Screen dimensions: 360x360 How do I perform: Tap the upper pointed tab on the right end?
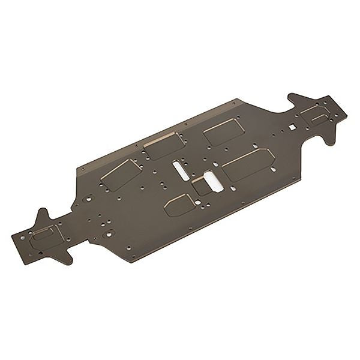(295, 99)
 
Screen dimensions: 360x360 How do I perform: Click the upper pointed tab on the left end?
(43, 216)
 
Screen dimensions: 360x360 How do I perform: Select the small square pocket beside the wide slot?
(200, 186)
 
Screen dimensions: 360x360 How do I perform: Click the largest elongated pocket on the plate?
(247, 163)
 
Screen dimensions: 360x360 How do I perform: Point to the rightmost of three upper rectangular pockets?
(223, 131)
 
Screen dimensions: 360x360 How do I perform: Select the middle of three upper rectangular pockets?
(162, 146)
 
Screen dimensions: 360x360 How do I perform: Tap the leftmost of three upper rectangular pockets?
(120, 174)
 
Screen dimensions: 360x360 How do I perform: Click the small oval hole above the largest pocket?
(255, 146)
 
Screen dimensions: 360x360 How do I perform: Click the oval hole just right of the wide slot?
(233, 188)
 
